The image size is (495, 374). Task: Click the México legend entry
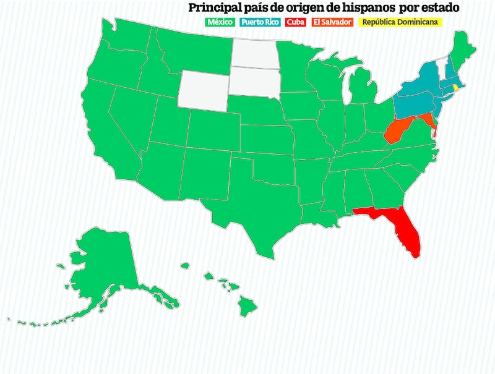tap(220, 22)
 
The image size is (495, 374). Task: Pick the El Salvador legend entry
tap(332, 22)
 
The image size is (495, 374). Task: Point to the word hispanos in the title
tap(364, 8)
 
